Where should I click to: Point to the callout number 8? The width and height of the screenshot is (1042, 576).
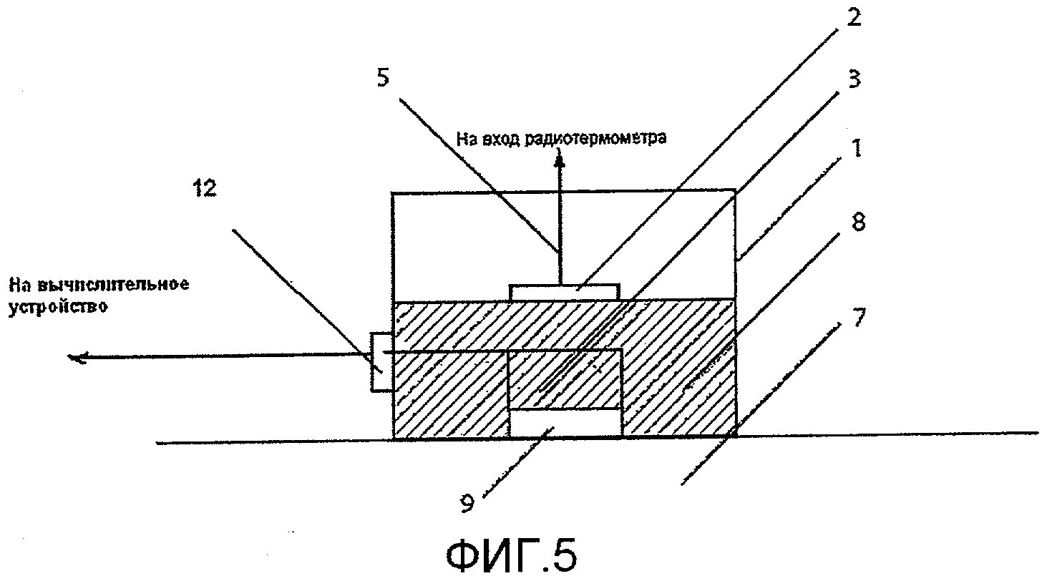click(x=858, y=222)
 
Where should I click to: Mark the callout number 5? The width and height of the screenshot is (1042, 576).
click(x=384, y=78)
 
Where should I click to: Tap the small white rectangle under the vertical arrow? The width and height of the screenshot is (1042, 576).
click(x=565, y=291)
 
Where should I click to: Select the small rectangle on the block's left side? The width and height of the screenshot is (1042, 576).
click(x=381, y=362)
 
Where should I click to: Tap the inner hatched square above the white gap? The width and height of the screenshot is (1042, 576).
click(x=565, y=379)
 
